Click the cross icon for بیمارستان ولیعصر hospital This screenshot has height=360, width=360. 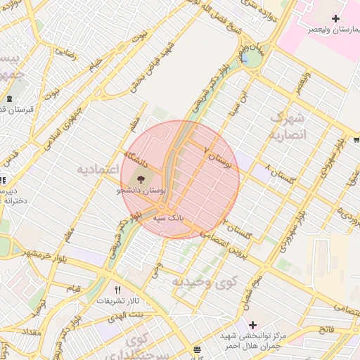(335, 18)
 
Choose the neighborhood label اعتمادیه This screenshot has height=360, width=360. (98, 170)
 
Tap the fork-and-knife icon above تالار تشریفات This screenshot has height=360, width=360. (117, 289)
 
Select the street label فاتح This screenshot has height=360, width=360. (326, 329)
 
